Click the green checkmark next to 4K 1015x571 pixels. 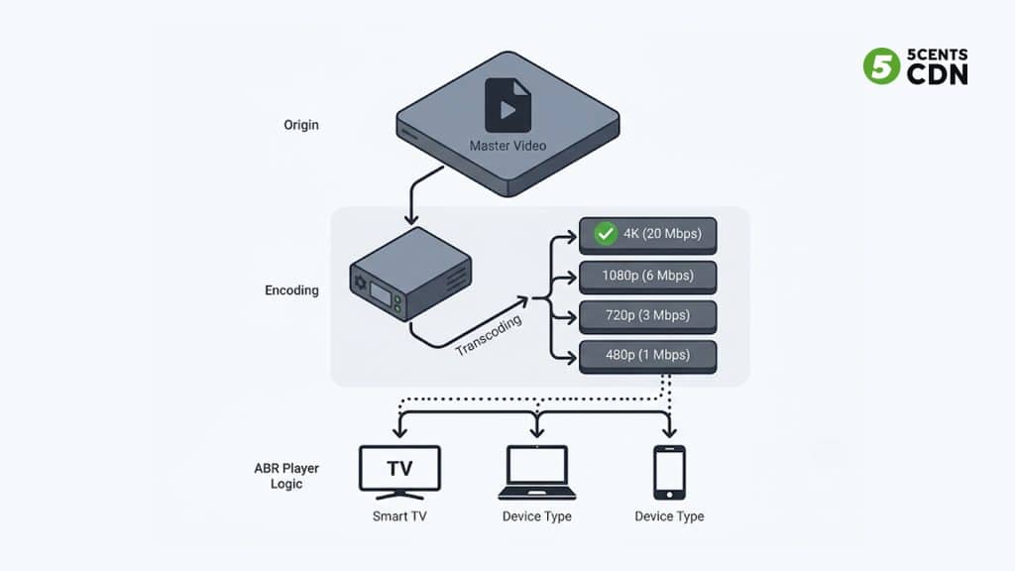point(606,234)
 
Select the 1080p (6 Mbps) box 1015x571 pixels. point(647,276)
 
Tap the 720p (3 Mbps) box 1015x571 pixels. point(647,315)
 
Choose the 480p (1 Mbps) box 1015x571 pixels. point(647,355)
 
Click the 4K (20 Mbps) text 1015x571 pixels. point(662,234)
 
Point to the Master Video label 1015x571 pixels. point(507,146)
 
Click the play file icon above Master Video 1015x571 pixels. point(507,106)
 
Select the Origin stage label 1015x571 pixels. point(300,126)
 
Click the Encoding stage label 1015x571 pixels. point(291,290)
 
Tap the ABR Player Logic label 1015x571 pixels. point(286,476)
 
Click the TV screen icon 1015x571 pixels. point(398,470)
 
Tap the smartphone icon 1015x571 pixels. point(669,472)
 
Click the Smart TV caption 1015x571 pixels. point(398,516)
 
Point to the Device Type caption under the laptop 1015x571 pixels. point(536,516)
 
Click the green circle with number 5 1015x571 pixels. point(879,65)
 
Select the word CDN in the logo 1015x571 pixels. point(937,73)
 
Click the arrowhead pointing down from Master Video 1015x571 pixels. point(408,217)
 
